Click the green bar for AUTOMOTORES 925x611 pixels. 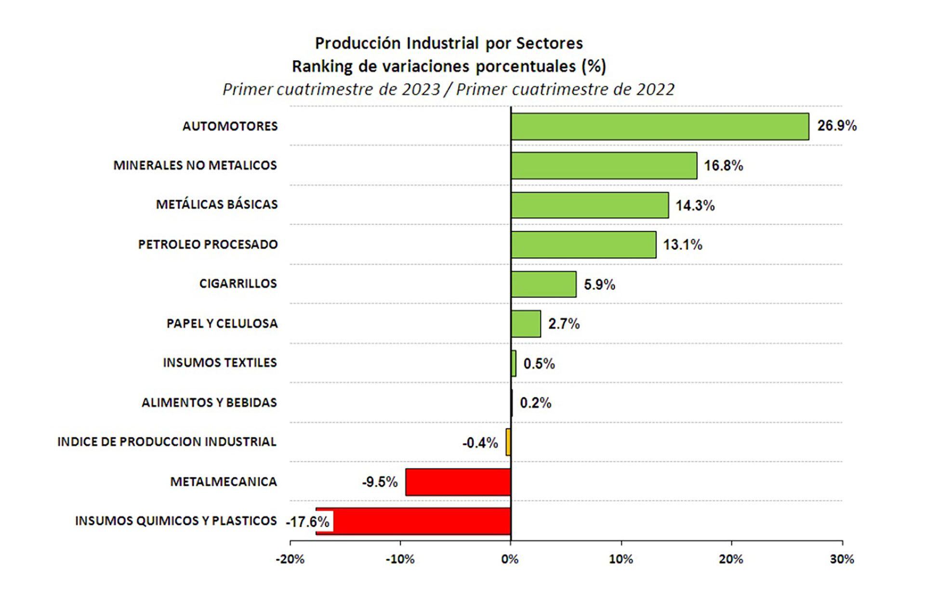point(660,127)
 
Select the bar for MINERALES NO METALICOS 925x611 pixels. point(604,166)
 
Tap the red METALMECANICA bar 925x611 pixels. point(458,482)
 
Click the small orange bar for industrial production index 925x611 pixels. point(508,442)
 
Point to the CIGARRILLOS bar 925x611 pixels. point(543,284)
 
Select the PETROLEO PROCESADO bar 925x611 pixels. point(583,245)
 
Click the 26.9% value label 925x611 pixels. point(837,126)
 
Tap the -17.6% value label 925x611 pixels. point(308,522)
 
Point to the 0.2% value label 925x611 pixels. point(535,403)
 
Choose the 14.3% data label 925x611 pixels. point(695,206)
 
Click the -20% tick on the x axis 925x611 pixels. point(290,559)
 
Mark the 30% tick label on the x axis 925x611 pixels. point(842,559)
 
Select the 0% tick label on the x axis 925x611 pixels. point(510,559)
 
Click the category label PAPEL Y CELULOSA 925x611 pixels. point(222,324)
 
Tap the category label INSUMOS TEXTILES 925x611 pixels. point(220,363)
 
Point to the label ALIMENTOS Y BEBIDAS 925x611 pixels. point(209,403)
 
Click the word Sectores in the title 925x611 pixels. point(549,43)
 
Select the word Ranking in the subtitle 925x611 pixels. point(322,66)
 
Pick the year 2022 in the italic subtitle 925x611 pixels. point(655,90)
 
